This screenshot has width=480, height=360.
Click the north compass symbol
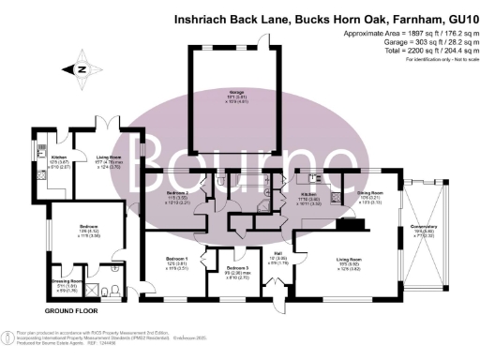coord(80,67)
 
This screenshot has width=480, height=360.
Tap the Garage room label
coord(224,92)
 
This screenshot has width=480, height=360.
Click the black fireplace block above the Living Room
coord(349,222)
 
